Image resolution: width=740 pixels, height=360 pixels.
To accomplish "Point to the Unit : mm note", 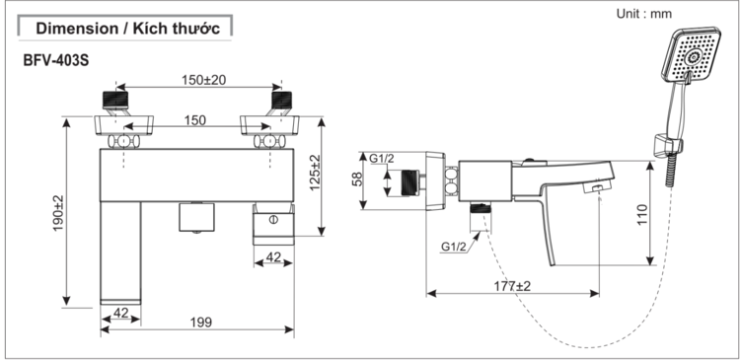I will pos(642,14).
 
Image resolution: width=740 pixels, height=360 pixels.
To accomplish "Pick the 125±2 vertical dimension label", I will pos(315,174).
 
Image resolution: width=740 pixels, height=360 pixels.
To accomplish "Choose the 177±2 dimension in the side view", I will pos(510,285).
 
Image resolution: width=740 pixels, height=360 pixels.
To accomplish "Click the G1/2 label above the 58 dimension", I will pos(382,157).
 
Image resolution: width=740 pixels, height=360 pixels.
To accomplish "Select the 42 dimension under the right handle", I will pos(274,257).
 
